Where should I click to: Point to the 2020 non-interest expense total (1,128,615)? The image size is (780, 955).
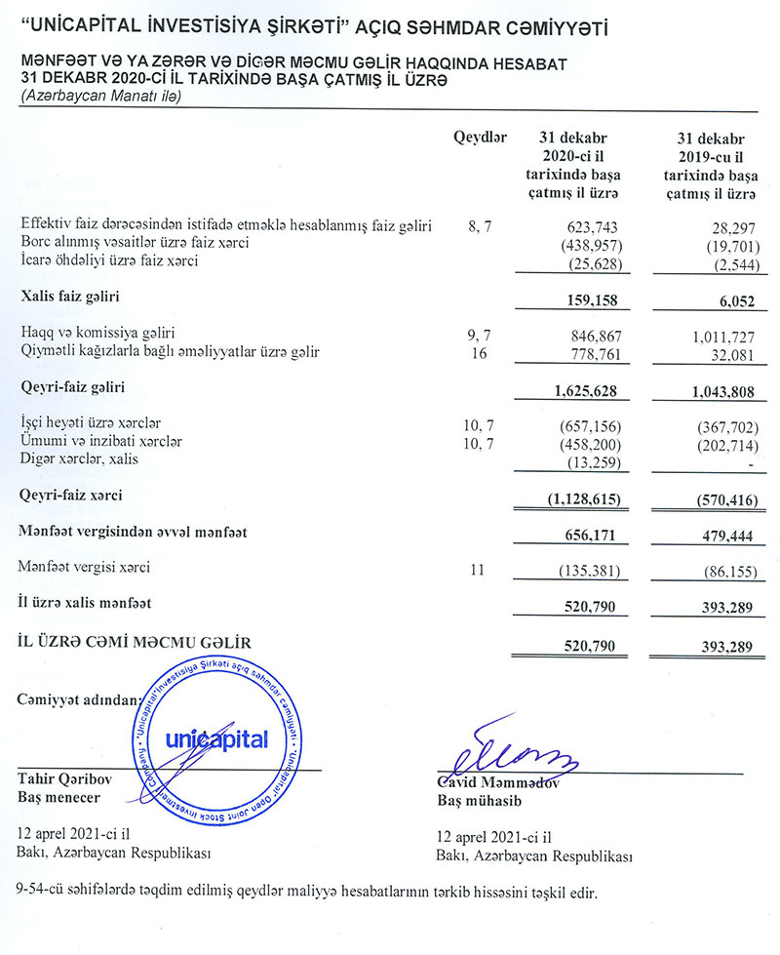pyautogui.click(x=582, y=499)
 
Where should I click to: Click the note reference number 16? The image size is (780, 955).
pyautogui.click(x=478, y=352)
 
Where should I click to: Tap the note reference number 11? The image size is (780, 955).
pyautogui.click(x=477, y=568)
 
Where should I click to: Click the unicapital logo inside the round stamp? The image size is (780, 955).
pyautogui.click(x=215, y=740)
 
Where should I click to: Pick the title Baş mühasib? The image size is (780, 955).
pyautogui.click(x=481, y=801)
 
